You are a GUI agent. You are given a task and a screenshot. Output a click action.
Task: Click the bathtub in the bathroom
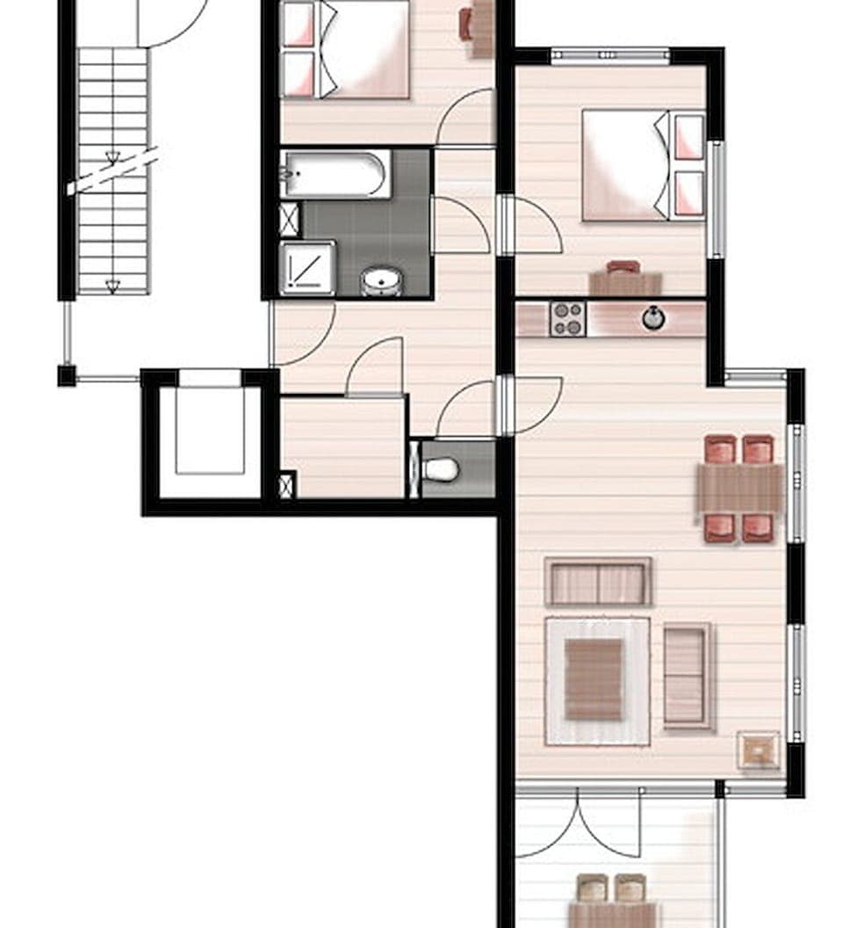[335, 174]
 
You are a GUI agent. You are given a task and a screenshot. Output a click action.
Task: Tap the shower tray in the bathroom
[306, 268]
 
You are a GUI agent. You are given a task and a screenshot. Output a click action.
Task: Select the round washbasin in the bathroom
[382, 282]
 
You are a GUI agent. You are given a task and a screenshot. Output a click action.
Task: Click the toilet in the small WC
[441, 469]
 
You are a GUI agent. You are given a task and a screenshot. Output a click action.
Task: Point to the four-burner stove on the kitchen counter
[567, 318]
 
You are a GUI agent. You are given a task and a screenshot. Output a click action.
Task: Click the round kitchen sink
[653, 317]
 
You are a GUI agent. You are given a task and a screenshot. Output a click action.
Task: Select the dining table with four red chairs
[740, 489]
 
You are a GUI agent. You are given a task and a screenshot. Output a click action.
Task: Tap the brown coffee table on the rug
[594, 679]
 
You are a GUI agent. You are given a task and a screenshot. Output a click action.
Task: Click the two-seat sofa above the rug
[598, 583]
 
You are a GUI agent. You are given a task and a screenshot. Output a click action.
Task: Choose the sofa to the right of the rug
[687, 676]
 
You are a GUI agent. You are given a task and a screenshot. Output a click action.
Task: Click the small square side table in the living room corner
[758, 750]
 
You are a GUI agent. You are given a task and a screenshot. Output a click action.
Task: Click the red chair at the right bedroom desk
[623, 266]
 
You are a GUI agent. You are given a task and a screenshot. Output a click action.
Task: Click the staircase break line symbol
[112, 170]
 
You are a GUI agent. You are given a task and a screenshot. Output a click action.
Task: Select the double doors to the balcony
[578, 823]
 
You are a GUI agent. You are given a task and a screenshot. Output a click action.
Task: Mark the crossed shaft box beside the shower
[289, 218]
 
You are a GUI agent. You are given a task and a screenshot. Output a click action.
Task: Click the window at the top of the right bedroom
[610, 56]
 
